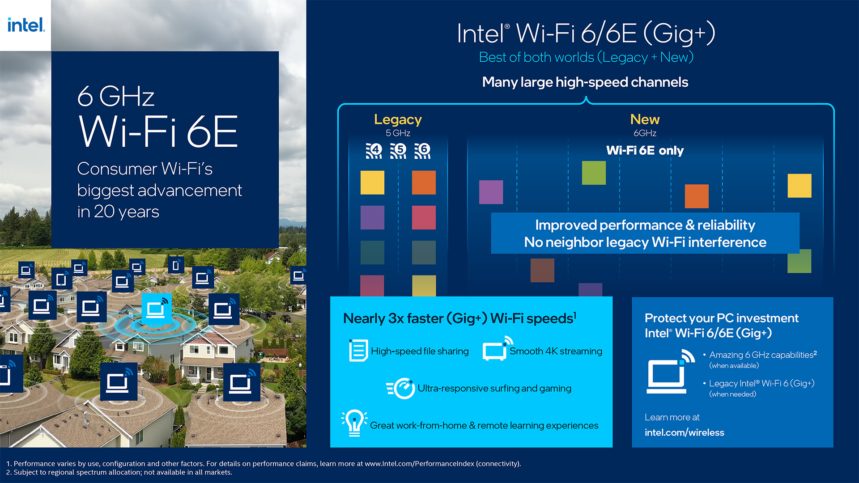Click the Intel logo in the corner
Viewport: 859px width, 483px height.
click(x=26, y=25)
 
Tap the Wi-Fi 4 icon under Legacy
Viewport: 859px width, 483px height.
click(x=374, y=151)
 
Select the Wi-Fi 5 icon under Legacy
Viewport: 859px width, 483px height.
click(x=398, y=151)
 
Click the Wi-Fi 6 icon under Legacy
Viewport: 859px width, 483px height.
click(x=422, y=151)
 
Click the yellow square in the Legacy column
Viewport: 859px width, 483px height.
click(x=372, y=182)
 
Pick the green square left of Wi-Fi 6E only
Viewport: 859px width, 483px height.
click(x=594, y=173)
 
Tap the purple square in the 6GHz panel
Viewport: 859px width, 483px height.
click(x=491, y=192)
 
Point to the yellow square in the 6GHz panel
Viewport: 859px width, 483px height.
click(x=799, y=186)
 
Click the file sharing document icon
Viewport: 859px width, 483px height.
click(x=358, y=350)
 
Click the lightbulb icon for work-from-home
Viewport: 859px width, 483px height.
click(x=354, y=423)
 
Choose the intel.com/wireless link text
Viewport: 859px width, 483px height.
click(x=684, y=432)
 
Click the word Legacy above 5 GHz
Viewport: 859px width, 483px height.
click(x=398, y=119)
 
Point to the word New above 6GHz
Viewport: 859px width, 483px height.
click(x=645, y=119)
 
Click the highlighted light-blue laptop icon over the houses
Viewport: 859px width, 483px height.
click(x=156, y=309)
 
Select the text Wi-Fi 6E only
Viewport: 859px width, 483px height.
click(x=645, y=150)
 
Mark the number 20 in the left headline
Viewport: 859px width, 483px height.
click(x=104, y=212)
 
